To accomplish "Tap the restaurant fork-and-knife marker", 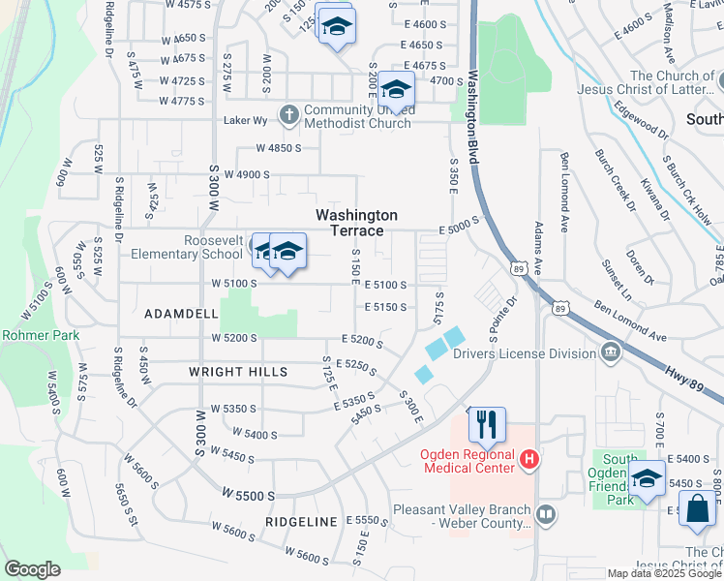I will tap(487, 424).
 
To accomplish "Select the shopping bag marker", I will tap(698, 509).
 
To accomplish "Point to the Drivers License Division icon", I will tap(611, 351).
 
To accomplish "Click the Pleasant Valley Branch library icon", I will tap(545, 514).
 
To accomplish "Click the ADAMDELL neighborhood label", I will tap(181, 315).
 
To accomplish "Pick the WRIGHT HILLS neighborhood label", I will tap(238, 372).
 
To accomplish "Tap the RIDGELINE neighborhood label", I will tap(301, 521).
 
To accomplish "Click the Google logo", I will tap(32, 569).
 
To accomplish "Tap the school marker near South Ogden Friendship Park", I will tap(647, 478).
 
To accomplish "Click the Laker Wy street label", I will tap(244, 121).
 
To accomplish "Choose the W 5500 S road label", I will tap(248, 495).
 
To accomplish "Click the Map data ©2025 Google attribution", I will tap(663, 573).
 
